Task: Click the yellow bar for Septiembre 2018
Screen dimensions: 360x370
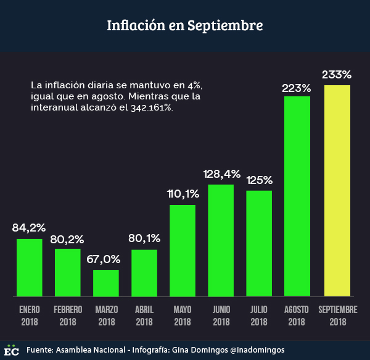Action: coord(337,190)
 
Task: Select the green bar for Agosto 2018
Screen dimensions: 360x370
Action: coord(297,196)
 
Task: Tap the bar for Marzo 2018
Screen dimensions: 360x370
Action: coord(106,283)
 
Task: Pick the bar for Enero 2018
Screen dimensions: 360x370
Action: coord(30,267)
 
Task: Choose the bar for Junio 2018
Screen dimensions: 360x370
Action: coord(221,240)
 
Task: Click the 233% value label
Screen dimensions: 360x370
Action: coord(337,75)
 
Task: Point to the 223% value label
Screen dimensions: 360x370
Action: coord(297,88)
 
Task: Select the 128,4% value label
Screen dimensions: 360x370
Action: coord(222,174)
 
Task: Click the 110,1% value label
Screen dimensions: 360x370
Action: coord(183,194)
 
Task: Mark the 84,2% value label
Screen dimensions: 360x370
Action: coord(29,228)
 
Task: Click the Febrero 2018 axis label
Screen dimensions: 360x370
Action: coord(68,315)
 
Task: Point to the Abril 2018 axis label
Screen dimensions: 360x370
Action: coord(144,315)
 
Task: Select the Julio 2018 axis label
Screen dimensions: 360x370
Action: coord(259,315)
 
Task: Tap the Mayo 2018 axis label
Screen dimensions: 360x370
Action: coord(183,315)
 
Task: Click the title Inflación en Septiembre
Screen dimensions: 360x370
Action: coord(185,26)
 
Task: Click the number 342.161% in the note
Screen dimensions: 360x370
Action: coord(152,107)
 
